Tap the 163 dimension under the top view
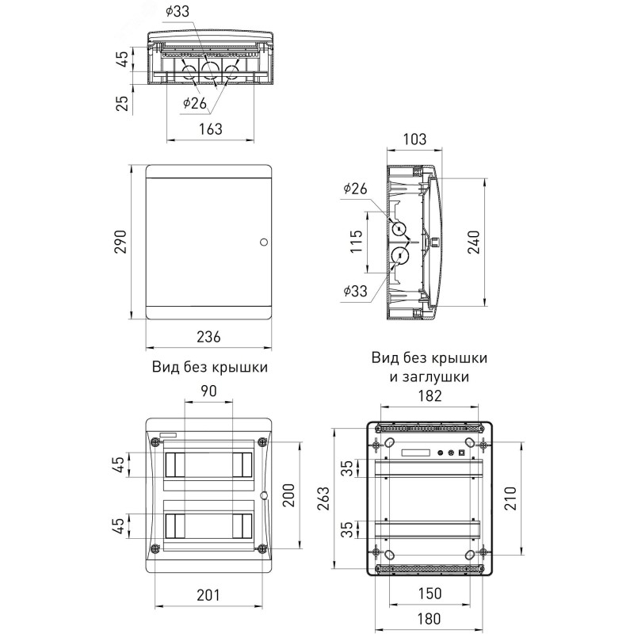click(x=209, y=128)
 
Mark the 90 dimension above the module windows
click(x=209, y=391)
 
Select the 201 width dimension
click(x=207, y=594)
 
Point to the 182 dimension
click(x=430, y=396)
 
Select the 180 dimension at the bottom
click(x=430, y=618)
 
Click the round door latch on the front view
click(x=264, y=241)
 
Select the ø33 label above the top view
click(x=178, y=12)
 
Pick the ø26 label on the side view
click(x=356, y=189)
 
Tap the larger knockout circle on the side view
click(x=399, y=255)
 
